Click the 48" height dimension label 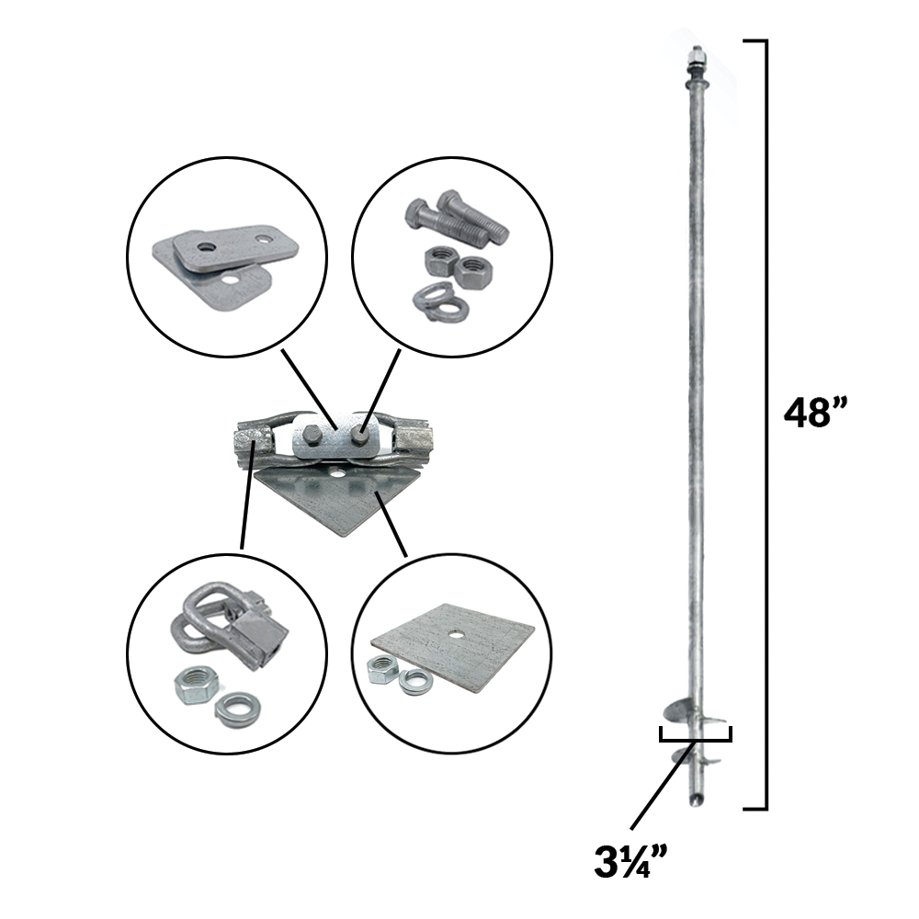pos(815,413)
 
